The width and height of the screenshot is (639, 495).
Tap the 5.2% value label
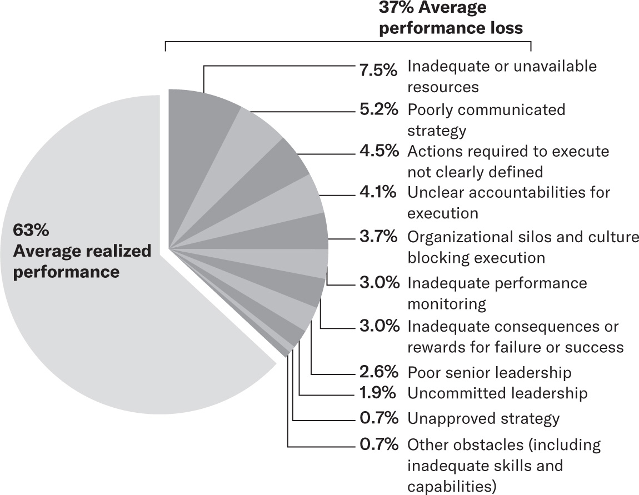[x=378, y=109]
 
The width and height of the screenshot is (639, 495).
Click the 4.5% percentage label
[x=378, y=151]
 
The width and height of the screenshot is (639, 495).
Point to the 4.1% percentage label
[x=378, y=192]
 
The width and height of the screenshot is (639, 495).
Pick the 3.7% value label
[x=378, y=237]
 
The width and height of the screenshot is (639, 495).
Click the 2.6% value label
[x=378, y=372]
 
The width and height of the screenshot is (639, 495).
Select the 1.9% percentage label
[x=378, y=393]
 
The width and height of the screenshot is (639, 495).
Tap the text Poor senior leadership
[x=489, y=372]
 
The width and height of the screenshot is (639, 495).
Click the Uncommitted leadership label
[x=497, y=393]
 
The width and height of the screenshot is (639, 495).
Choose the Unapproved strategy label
[x=483, y=418]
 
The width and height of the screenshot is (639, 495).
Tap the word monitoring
[x=447, y=304]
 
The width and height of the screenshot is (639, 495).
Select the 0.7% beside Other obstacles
[x=378, y=444]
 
